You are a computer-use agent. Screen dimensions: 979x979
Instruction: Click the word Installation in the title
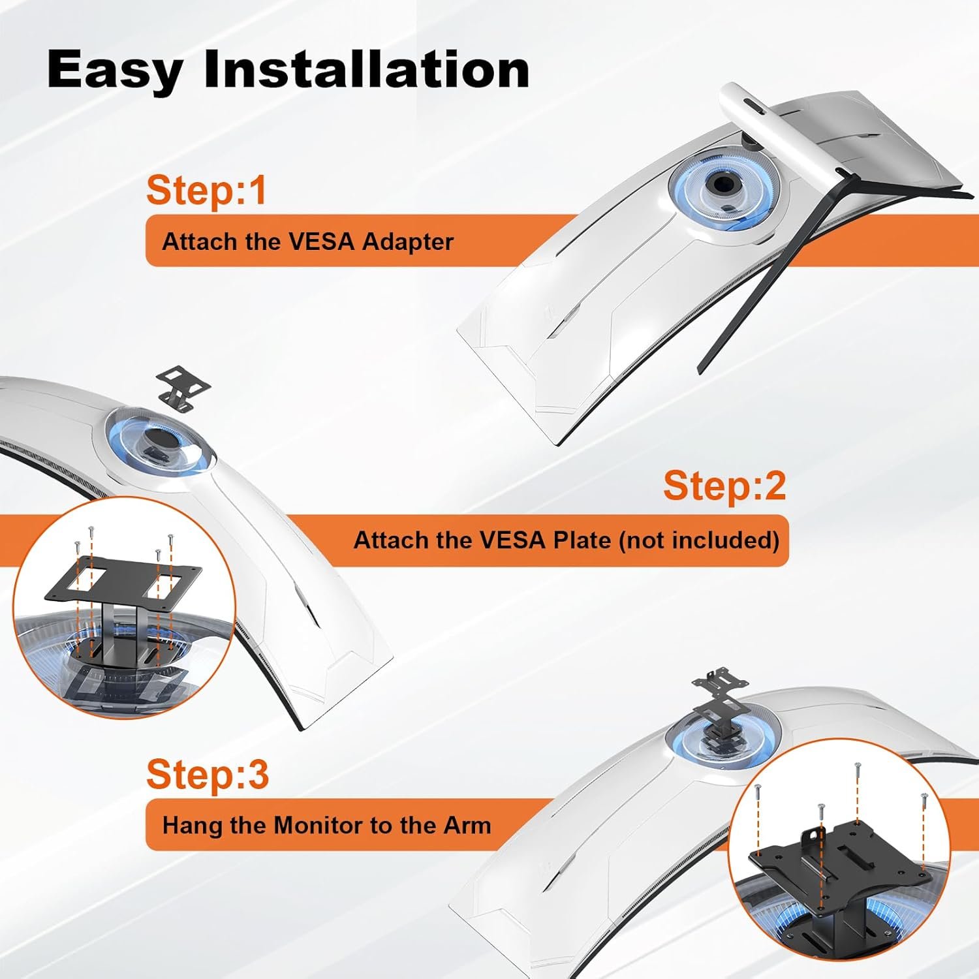pyautogui.click(x=366, y=69)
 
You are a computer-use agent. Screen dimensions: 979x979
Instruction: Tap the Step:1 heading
pyautogui.click(x=206, y=190)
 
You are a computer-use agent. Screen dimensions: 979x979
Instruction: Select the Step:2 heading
pyautogui.click(x=724, y=486)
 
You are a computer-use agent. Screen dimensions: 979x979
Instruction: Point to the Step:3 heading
pyautogui.click(x=207, y=774)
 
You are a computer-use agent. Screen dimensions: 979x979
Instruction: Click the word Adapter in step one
pyautogui.click(x=407, y=242)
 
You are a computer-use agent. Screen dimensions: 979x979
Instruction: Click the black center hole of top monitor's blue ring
pyautogui.click(x=723, y=185)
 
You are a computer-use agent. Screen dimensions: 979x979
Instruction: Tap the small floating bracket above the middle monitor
pyautogui.click(x=183, y=388)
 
